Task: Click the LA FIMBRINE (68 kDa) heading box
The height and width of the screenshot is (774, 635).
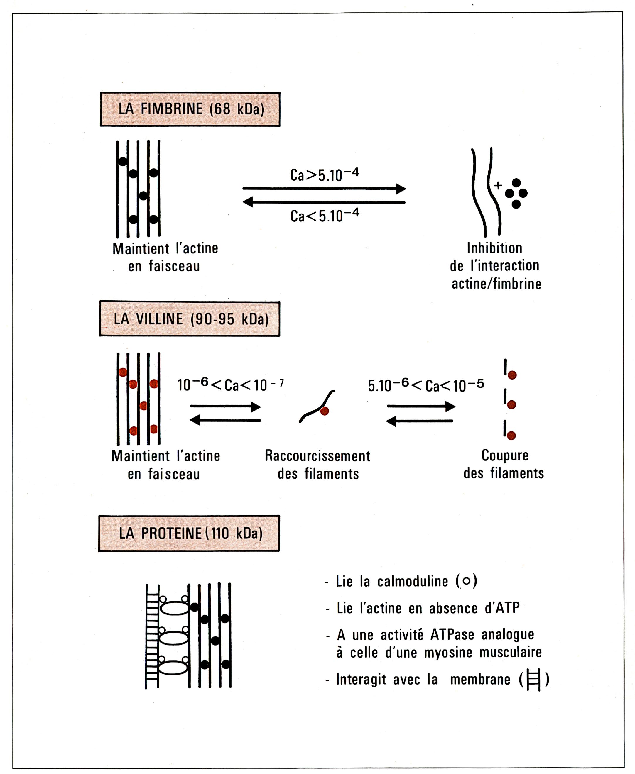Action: [x=190, y=109]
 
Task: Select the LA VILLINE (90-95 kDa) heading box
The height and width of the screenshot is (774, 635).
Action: [x=190, y=319]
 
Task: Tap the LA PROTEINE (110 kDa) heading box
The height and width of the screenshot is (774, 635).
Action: [x=189, y=533]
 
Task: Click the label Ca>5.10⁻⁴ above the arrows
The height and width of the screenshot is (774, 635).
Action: [x=325, y=175]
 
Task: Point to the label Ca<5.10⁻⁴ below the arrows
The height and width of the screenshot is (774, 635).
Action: [x=325, y=215]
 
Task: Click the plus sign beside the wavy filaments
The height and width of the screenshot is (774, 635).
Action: [x=498, y=185]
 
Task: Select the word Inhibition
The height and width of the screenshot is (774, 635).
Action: [x=494, y=248]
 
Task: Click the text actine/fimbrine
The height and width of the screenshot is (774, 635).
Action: [x=496, y=284]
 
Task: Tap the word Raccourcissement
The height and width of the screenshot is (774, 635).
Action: [x=317, y=456]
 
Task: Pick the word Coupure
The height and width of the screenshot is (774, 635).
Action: [x=505, y=455]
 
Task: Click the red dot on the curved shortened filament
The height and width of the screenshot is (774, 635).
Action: [x=325, y=411]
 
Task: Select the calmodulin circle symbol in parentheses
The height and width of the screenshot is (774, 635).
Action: [x=466, y=581]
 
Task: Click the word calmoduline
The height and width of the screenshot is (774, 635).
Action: [x=413, y=581]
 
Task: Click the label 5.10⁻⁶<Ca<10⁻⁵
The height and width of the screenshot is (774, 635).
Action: [x=426, y=385]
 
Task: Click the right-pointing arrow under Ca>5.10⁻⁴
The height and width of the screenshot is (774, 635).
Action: [x=325, y=189]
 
